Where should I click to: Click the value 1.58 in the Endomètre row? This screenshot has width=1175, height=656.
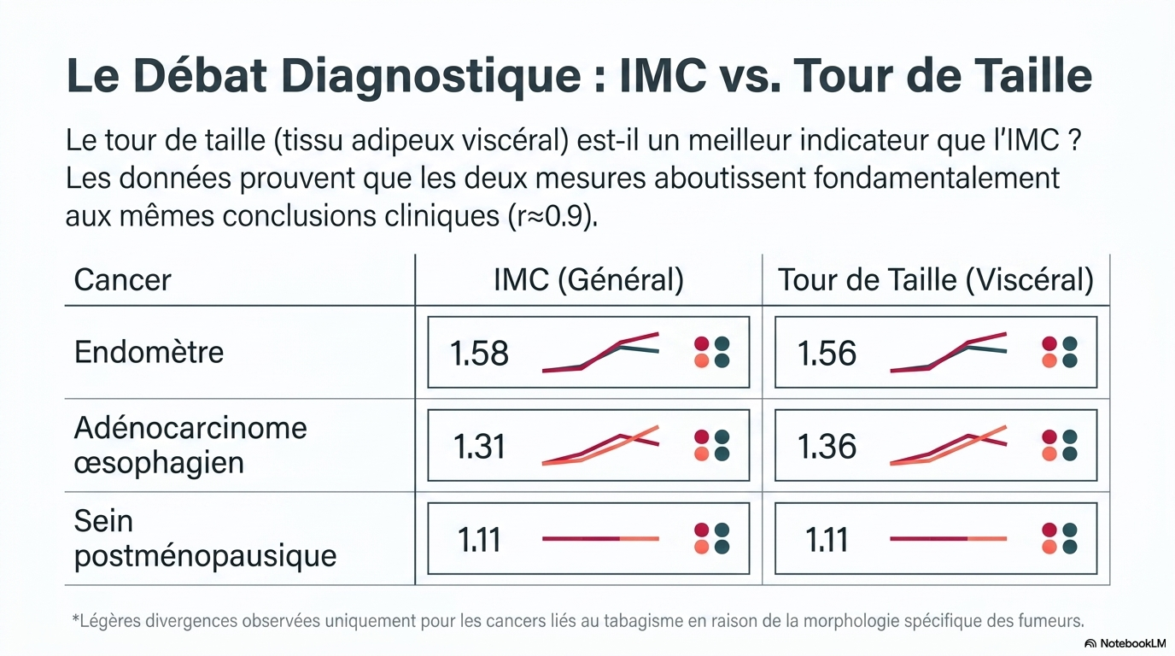(479, 353)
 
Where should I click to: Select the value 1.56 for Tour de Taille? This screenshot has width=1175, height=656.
(827, 353)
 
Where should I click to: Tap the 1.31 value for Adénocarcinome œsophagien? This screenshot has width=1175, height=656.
(479, 446)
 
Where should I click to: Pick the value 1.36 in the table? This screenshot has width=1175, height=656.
(827, 446)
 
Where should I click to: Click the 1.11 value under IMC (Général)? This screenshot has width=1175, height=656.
(479, 540)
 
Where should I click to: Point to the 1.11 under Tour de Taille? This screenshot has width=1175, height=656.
(827, 540)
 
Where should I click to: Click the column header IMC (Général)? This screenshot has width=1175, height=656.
(588, 279)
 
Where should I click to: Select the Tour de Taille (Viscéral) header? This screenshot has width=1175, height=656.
(936, 279)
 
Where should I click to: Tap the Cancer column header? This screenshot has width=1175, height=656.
(123, 279)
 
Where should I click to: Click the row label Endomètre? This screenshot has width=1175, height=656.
(149, 352)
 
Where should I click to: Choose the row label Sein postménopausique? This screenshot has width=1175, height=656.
(205, 538)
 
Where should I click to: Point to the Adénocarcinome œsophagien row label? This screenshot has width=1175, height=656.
(190, 445)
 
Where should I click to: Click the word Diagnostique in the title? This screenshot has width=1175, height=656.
(430, 77)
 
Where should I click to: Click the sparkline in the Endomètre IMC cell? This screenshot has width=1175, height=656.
(600, 352)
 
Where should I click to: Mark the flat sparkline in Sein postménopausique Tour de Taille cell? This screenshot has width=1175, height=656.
(949, 538)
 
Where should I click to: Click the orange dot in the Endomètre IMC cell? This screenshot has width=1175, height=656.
(701, 361)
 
